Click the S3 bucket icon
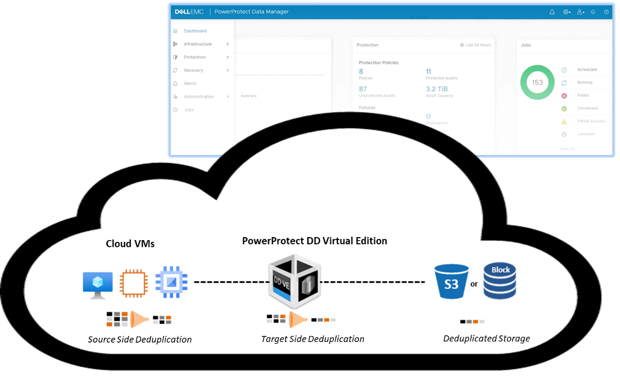pyautogui.click(x=452, y=282)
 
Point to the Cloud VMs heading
pyautogui.click(x=130, y=244)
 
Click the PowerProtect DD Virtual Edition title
pyautogui.click(x=315, y=241)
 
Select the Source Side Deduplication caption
pyautogui.click(x=139, y=340)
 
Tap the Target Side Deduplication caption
pyautogui.click(x=313, y=339)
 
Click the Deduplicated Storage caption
pyautogui.click(x=487, y=338)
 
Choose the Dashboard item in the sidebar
pyautogui.click(x=195, y=31)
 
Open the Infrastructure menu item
pyautogui.click(x=197, y=44)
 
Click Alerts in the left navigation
pyautogui.click(x=190, y=83)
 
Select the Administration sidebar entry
pyautogui.click(x=199, y=97)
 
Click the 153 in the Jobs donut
pyautogui.click(x=537, y=83)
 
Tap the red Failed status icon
pyautogui.click(x=564, y=95)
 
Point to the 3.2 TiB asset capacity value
pyautogui.click(x=436, y=89)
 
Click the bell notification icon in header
pyautogui.click(x=552, y=11)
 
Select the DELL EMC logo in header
pyautogui.click(x=188, y=11)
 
